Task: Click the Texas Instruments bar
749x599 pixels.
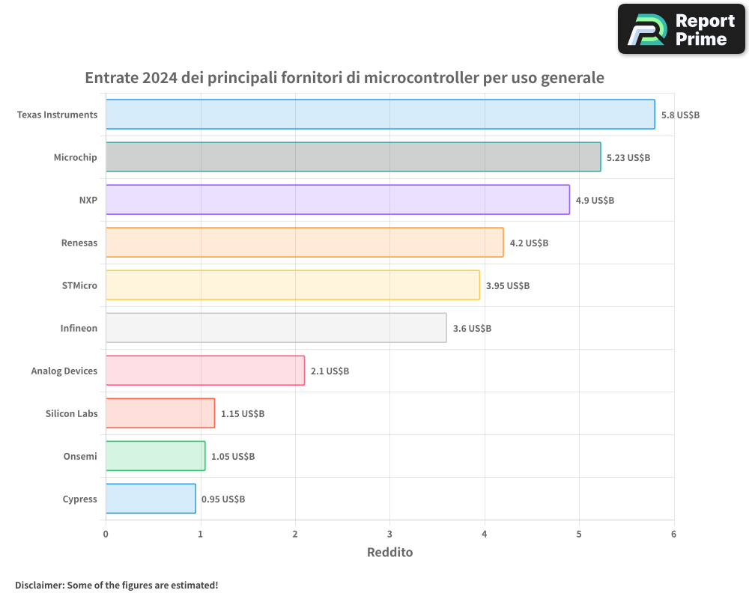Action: click(x=380, y=115)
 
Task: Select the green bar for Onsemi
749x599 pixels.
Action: click(x=155, y=456)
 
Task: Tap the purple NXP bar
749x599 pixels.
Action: click(x=337, y=200)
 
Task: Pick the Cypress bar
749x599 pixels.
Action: click(x=151, y=499)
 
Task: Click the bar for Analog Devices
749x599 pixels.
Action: click(x=205, y=371)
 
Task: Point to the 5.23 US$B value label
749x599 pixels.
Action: click(x=628, y=158)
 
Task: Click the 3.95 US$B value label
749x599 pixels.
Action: click(x=507, y=286)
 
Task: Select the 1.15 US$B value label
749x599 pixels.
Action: click(x=242, y=414)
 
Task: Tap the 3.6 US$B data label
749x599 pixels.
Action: click(x=472, y=329)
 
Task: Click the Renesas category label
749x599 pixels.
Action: click(x=79, y=243)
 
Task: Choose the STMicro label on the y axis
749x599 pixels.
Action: click(x=79, y=285)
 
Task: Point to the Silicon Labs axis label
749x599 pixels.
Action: click(x=71, y=413)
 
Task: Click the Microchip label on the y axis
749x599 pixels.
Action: click(x=75, y=157)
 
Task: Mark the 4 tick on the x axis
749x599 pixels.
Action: click(x=485, y=534)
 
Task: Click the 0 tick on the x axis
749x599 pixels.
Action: click(x=106, y=534)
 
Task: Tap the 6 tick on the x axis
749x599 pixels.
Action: click(x=673, y=534)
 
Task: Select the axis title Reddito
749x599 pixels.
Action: click(x=389, y=553)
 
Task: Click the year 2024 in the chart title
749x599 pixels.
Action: click(x=159, y=78)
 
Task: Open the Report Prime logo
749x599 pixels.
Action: click(x=681, y=29)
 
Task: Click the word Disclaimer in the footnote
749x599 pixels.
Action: click(x=39, y=586)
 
